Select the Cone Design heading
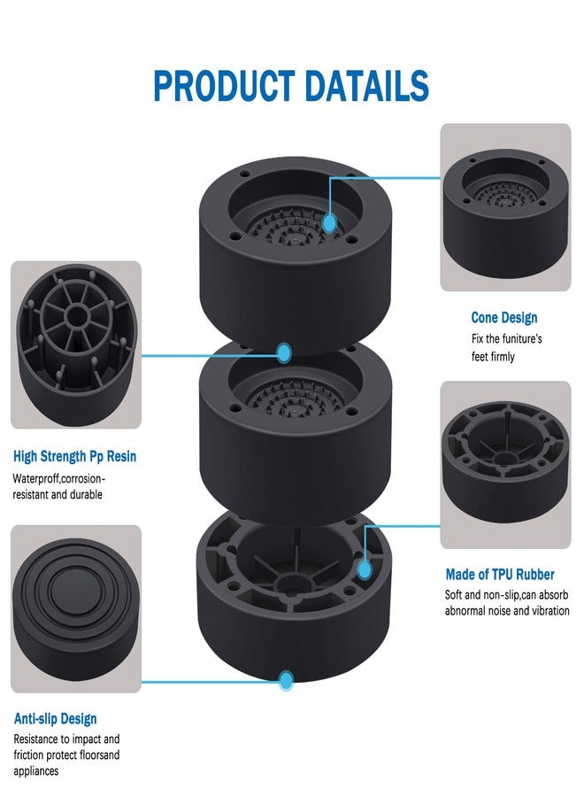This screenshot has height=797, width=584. coord(503,318)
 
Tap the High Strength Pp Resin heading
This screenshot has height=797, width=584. coord(75,457)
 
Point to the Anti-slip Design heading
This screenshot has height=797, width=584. coord(56,718)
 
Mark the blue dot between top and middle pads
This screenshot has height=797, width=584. coord(284,353)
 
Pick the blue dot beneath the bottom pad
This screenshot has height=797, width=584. coord(286,681)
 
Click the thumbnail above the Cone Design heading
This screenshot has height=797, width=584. coord(504,207)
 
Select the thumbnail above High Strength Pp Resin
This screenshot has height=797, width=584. coord(75,344)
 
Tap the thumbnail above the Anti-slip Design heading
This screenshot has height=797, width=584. coord(75,608)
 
